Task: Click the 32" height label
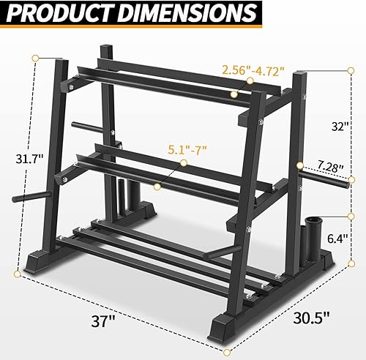pos(339,125)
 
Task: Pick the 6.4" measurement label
pos(337,239)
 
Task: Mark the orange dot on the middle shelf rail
pos(157,187)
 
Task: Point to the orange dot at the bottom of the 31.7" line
pos(17,275)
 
